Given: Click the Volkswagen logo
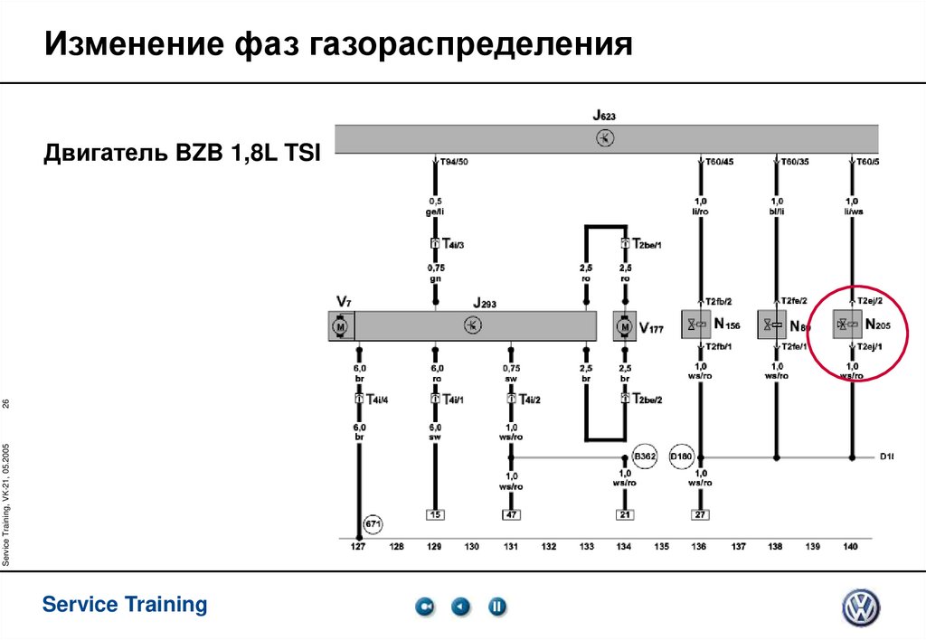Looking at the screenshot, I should pyautogui.click(x=860, y=607).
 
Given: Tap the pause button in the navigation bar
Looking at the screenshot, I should pyautogui.click(x=497, y=607).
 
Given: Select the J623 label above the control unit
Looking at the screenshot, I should pyautogui.click(x=604, y=116).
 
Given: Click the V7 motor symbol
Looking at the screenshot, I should pyautogui.click(x=341, y=325).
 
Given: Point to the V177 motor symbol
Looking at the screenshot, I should pyautogui.click(x=624, y=325).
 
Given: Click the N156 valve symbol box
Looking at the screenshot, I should pyautogui.click(x=697, y=325).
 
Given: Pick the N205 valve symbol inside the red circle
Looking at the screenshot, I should pyautogui.click(x=847, y=325).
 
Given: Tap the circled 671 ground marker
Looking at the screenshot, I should pyautogui.click(x=373, y=524).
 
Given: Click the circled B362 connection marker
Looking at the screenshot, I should pyautogui.click(x=644, y=457).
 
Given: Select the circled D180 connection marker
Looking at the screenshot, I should pyautogui.click(x=681, y=457).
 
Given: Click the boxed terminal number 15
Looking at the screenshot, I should pyautogui.click(x=435, y=515).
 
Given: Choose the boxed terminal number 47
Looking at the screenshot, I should pyautogui.click(x=511, y=515).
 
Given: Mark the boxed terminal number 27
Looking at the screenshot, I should pyautogui.click(x=700, y=515).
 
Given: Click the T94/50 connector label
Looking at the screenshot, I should pyautogui.click(x=454, y=162).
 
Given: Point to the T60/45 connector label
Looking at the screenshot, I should pyautogui.click(x=719, y=162).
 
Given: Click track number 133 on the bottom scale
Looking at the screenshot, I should pyautogui.click(x=587, y=547).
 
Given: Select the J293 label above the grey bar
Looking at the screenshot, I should pyautogui.click(x=484, y=305).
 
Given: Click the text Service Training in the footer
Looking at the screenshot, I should pyautogui.click(x=125, y=605).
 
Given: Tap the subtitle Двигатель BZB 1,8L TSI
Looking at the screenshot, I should pyautogui.click(x=182, y=154).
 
